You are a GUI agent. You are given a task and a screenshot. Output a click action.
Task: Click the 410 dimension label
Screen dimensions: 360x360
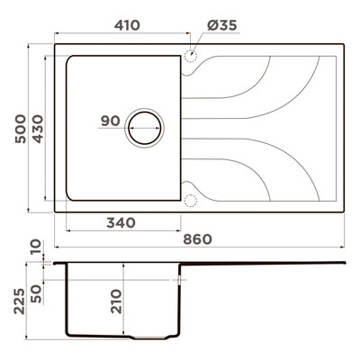pyautogui.click(x=127, y=25)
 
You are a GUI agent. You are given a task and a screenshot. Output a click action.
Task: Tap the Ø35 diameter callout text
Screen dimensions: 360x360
pyautogui.click(x=222, y=25)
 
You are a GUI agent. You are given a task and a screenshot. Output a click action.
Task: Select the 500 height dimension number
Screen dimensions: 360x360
pyautogui.click(x=21, y=129)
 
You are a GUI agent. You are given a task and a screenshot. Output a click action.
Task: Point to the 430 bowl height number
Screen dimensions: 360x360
pyautogui.click(x=38, y=129)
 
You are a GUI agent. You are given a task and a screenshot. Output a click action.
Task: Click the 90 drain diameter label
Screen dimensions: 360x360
pyautogui.click(x=111, y=121)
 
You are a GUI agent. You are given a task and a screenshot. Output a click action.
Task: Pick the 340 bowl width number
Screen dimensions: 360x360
pyautogui.click(x=121, y=222)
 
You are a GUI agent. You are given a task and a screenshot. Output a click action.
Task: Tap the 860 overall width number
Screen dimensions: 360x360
pyautogui.click(x=198, y=239)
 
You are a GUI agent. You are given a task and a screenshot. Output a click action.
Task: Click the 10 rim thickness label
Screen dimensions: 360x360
pyautogui.click(x=36, y=247)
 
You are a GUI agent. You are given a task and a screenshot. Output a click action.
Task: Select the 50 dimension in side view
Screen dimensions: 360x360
pyautogui.click(x=36, y=294)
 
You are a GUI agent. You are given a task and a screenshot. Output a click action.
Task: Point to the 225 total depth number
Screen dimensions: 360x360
pyautogui.click(x=20, y=301)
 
